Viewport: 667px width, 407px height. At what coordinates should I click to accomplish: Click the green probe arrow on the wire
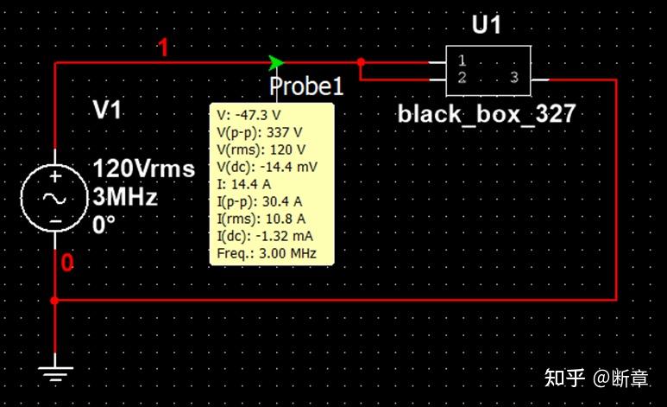[276, 63]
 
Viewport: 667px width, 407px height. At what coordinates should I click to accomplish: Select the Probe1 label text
[306, 86]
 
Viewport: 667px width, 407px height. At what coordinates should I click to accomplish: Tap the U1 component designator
[487, 25]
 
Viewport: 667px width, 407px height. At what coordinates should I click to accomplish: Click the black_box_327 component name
[487, 114]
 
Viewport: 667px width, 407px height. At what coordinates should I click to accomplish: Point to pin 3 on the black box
[514, 77]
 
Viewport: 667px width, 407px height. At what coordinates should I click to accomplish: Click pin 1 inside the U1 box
[462, 61]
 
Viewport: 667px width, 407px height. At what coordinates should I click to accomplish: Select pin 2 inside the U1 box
[462, 77]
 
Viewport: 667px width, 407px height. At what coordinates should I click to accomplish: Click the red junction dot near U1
[361, 62]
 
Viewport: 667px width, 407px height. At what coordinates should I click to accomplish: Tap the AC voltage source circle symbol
[55, 198]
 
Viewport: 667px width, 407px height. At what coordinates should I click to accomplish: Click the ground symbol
[55, 374]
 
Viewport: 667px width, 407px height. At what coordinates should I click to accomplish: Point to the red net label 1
[163, 48]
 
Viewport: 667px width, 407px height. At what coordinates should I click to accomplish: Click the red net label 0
[67, 263]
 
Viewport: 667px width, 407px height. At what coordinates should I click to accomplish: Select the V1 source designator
[107, 110]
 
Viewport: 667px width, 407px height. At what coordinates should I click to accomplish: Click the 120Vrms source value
[144, 169]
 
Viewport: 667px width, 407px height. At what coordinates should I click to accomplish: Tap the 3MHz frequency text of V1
[125, 197]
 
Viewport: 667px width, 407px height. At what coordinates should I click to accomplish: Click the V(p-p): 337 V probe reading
[260, 132]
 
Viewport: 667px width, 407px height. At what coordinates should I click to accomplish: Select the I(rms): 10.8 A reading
[261, 219]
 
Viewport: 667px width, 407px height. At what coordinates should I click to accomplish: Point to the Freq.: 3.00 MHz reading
[267, 253]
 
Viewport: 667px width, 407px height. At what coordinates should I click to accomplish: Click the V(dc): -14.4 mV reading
[267, 167]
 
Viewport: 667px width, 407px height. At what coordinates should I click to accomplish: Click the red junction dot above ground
[54, 301]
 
